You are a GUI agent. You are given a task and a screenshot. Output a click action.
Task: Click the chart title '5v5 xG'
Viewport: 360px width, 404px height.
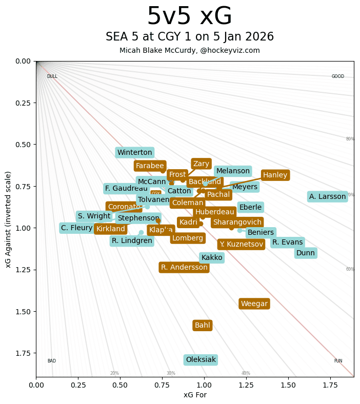[189, 16]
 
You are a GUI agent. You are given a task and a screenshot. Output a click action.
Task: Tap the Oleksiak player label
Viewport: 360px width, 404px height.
[201, 360]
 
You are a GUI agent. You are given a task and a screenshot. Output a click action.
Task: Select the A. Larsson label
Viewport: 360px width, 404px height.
[327, 196]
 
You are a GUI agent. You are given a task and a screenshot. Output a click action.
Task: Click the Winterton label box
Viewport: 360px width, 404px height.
[134, 152]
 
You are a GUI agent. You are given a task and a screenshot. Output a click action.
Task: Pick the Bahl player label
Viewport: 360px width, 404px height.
[202, 325]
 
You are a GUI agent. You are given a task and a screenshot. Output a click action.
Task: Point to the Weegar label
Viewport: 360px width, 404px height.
[254, 304]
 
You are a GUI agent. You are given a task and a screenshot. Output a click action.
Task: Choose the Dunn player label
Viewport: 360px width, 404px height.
[305, 253]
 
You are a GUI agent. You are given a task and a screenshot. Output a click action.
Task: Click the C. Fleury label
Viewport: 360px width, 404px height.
[76, 228]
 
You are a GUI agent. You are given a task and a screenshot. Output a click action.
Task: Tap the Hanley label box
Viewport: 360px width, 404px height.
[275, 175]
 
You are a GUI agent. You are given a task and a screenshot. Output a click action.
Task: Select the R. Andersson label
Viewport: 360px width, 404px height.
[184, 267]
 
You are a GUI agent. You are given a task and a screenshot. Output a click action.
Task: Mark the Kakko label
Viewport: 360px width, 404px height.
[211, 257]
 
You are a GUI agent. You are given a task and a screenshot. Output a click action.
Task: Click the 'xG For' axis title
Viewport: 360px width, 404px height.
[195, 395]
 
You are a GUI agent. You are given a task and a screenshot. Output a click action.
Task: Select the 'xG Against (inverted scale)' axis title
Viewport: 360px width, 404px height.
[9, 219]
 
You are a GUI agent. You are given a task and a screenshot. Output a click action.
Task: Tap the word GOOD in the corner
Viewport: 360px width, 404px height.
[337, 76]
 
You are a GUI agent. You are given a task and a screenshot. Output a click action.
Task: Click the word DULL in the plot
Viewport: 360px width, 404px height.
[52, 76]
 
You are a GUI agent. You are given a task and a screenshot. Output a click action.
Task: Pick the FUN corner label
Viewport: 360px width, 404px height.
[338, 361]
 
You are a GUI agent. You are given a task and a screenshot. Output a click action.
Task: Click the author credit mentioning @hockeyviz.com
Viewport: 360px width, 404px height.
[189, 50]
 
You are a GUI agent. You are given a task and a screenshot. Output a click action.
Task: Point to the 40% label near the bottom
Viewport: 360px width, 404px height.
[246, 373]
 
